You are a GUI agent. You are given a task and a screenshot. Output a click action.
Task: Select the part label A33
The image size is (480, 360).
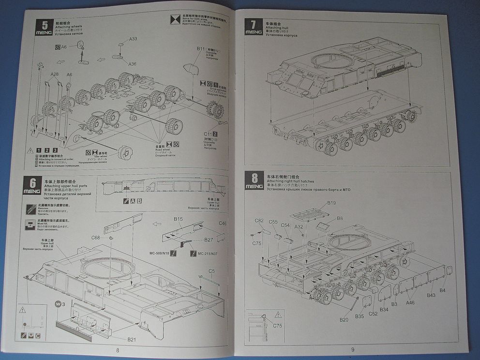click(133, 39)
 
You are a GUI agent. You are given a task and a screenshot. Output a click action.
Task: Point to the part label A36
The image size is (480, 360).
click(132, 63)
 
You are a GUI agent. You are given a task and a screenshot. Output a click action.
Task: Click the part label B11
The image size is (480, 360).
click(201, 49)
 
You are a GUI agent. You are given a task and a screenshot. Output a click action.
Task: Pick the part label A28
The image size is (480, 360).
click(55, 75)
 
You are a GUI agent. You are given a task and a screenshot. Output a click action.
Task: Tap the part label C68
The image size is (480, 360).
click(95, 238)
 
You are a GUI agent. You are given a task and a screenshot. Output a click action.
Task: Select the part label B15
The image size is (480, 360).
click(178, 219)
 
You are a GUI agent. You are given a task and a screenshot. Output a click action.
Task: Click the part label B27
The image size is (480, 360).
click(209, 240)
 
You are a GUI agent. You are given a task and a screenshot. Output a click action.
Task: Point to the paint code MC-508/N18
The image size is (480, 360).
click(159, 253)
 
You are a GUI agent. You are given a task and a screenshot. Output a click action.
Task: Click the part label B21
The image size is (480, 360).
click(132, 339)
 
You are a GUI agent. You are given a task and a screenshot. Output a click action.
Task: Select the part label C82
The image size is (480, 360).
click(259, 221)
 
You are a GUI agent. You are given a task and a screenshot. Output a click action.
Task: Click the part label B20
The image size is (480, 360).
click(344, 320)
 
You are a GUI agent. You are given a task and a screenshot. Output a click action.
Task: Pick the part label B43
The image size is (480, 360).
click(431, 295)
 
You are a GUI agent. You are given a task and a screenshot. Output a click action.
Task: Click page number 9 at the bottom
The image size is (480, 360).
click(353, 350)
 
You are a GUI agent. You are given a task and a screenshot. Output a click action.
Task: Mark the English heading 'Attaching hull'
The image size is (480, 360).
click(277, 28)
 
